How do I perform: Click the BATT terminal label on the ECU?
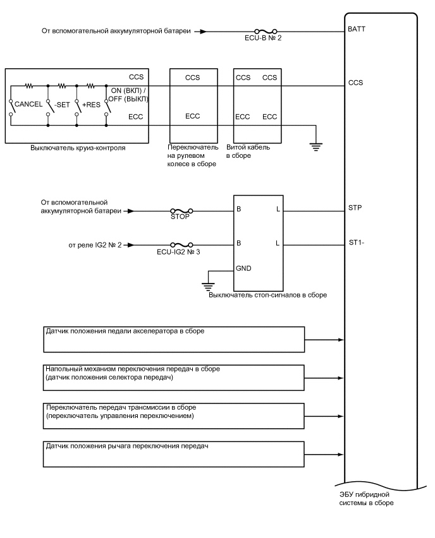357,29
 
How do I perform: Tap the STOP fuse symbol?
180,211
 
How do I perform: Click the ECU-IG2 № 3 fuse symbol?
180,245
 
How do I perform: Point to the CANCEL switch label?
28,104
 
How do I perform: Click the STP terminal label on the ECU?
355,206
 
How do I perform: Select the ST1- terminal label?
357,242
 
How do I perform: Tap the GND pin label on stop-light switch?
243,268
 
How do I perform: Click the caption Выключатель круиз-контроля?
78,148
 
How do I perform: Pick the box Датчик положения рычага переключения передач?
174,455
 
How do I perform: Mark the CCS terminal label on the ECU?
355,82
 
